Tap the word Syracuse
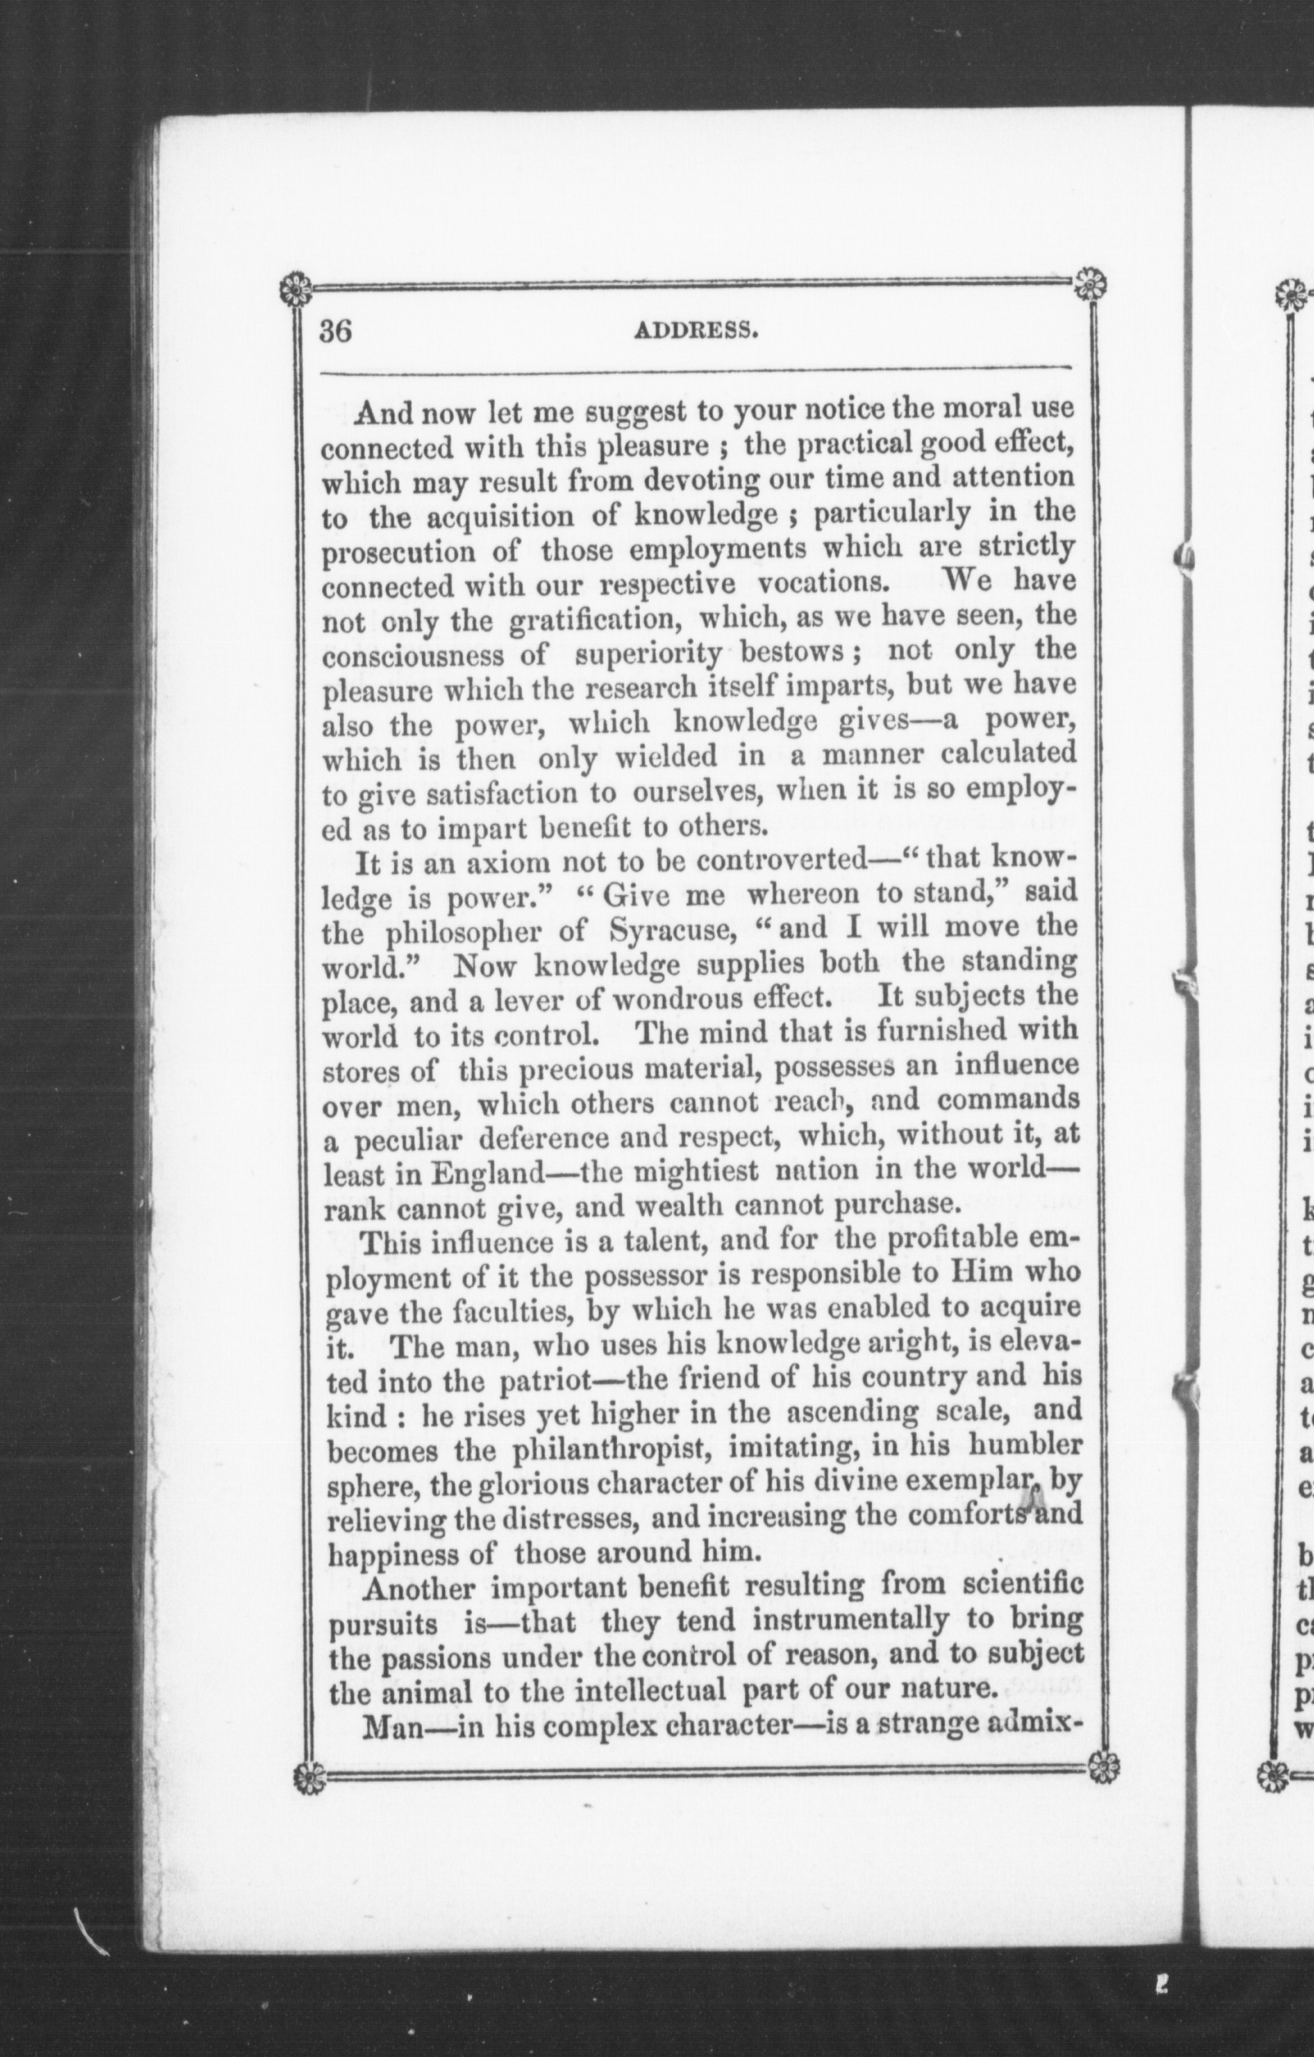[x=666, y=929]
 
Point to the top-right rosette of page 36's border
[x=1090, y=283]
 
